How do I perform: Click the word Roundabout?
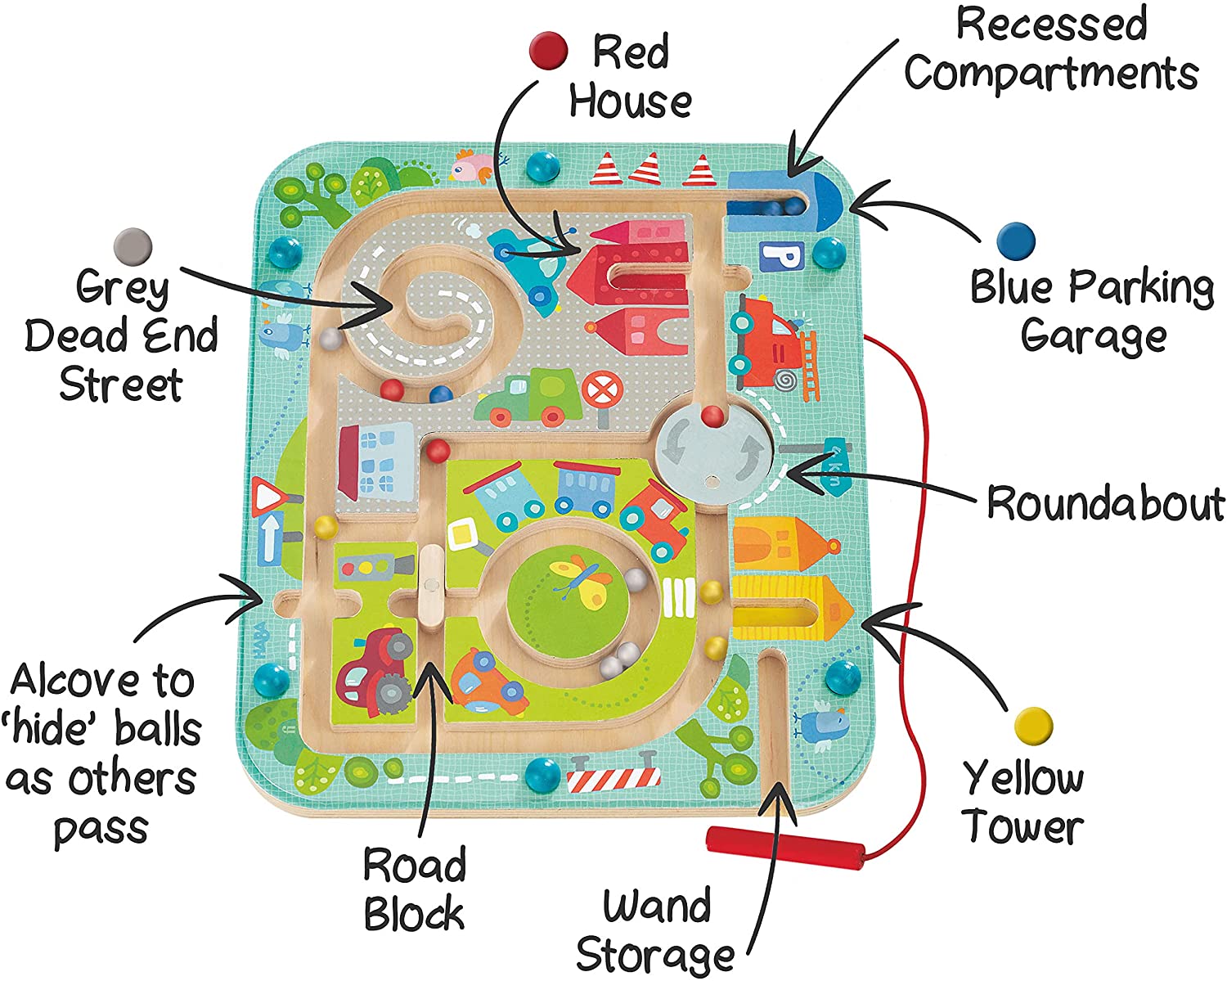click(1105, 502)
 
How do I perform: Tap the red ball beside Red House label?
click(548, 50)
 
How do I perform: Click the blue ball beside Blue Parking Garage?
click(1016, 241)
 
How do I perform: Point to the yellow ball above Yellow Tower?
click(1033, 725)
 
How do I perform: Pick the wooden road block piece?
click(431, 583)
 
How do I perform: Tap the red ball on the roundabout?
click(713, 416)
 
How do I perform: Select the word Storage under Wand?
click(654, 955)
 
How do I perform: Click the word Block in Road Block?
click(414, 914)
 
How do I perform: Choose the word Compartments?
click(1051, 74)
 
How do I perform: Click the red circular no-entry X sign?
click(602, 389)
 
